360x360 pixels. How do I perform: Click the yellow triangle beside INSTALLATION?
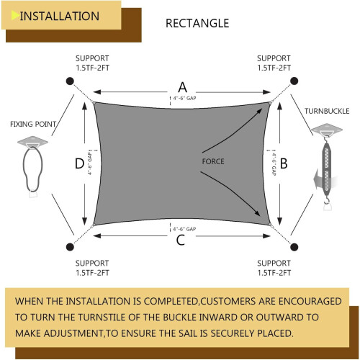pyautogui.click(x=15, y=16)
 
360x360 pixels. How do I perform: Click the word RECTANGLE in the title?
pyautogui.click(x=197, y=24)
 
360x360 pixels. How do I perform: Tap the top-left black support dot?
pyautogui.click(x=70, y=81)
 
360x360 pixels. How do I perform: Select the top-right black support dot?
pyautogui.click(x=294, y=81)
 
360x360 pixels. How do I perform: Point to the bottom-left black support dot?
pyautogui.click(x=70, y=247)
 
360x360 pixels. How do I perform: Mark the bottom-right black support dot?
pyautogui.click(x=294, y=247)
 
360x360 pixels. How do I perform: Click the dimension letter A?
pyautogui.click(x=183, y=87)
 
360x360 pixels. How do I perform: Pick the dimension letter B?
pyautogui.click(x=284, y=163)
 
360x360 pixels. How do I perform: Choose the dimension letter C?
pyautogui.click(x=181, y=240)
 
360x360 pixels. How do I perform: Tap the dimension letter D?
pyautogui.click(x=79, y=163)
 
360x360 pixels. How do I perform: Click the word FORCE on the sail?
pyautogui.click(x=213, y=161)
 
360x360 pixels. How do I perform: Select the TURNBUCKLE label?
pyautogui.click(x=327, y=111)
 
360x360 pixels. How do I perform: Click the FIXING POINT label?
pyautogui.click(x=33, y=124)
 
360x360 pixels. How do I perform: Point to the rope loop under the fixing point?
pyautogui.click(x=24, y=168)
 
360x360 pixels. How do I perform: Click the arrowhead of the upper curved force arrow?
pyautogui.click(x=259, y=111)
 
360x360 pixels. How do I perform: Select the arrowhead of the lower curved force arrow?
pyautogui.click(x=257, y=213)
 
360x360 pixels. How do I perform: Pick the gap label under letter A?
pyautogui.click(x=184, y=98)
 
